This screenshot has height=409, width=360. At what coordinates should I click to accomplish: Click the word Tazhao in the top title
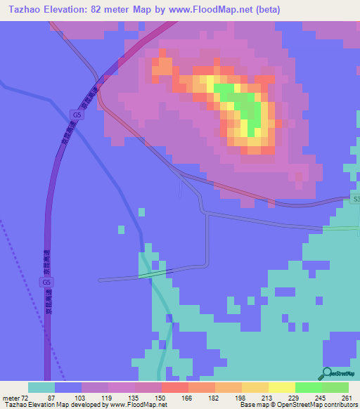tap(20, 10)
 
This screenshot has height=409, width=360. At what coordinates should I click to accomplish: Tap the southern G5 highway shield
tap(46, 282)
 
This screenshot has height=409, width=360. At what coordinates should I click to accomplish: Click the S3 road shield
tap(355, 200)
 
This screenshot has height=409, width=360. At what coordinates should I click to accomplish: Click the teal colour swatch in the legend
tap(41, 387)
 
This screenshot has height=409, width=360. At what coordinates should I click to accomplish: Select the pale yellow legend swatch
tap(281, 387)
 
